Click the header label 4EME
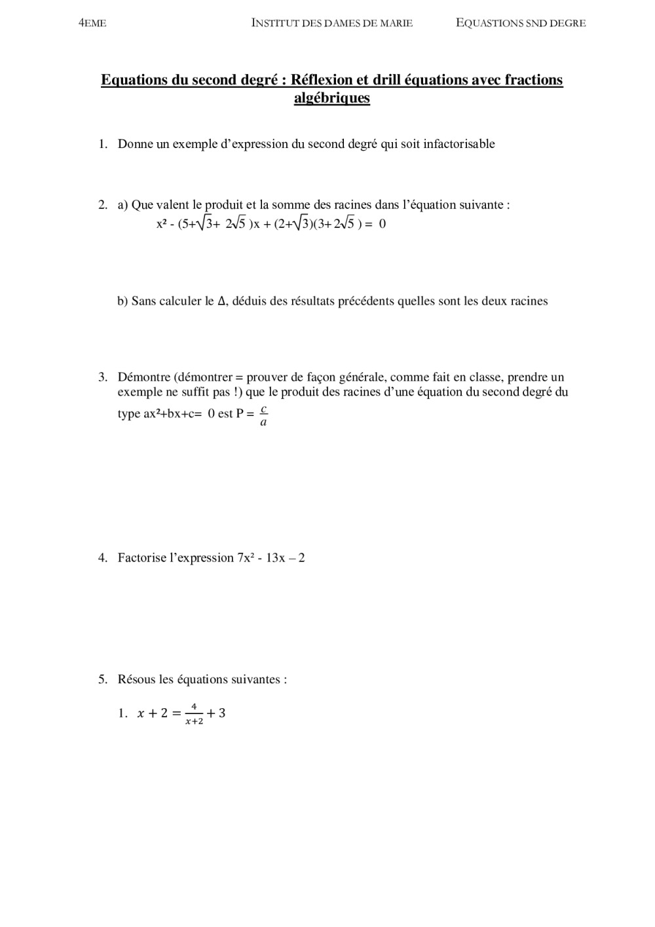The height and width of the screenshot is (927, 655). tap(92, 24)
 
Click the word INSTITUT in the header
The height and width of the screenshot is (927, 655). tap(274, 23)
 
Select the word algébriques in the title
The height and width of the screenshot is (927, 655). tap(332, 98)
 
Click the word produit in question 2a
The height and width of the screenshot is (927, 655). tap(224, 205)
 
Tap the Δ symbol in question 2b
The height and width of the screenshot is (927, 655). tap(221, 301)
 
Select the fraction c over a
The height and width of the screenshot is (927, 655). tap(263, 416)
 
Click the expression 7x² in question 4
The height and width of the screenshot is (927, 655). tap(246, 558)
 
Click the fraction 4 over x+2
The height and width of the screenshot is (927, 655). tap(194, 714)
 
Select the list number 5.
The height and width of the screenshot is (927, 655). tap(103, 679)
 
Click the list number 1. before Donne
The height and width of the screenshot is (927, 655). tap(103, 144)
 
